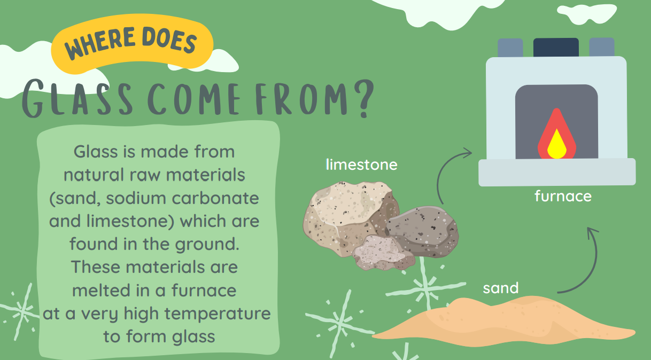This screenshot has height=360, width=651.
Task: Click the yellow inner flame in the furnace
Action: tap(557, 144)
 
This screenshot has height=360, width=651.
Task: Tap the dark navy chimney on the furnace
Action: tap(556, 48)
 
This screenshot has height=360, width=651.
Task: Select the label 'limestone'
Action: tap(361, 165)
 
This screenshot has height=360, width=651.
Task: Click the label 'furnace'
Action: tap(563, 196)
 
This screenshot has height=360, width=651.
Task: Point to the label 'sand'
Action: tap(501, 288)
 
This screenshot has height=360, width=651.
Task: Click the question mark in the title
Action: tap(364, 98)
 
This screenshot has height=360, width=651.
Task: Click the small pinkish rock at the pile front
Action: tap(384, 253)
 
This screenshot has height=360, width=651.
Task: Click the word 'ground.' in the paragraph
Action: tap(207, 245)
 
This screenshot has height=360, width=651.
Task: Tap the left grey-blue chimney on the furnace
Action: tap(510, 48)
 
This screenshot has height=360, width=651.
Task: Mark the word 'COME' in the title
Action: tap(194, 99)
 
